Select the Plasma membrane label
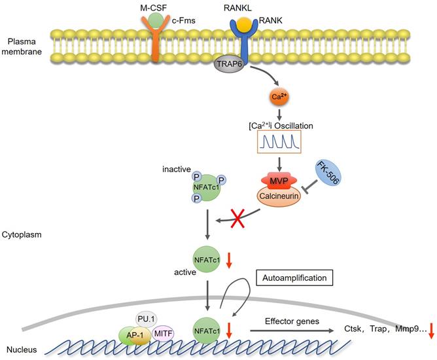tap(23, 46)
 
